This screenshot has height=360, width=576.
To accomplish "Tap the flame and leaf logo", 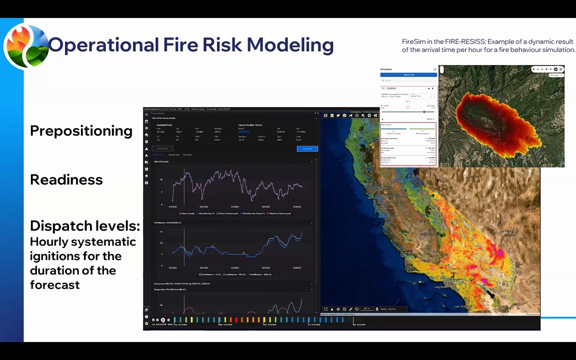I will pos(26,46).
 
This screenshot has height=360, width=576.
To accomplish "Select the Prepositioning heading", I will pos(81,131).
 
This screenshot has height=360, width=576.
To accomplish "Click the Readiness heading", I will pos(66,180).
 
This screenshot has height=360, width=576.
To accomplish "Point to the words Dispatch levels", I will pos(84,226).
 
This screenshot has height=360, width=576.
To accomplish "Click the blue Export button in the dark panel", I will pos(307,148).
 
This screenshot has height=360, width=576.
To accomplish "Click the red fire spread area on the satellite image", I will pos(492,117).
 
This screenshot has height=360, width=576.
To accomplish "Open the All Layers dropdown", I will pos(555,75).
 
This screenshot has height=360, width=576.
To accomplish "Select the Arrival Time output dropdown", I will pos(421,95).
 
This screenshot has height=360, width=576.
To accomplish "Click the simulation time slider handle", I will pos(424,112).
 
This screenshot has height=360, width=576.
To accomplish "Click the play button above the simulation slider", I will pos(407,107).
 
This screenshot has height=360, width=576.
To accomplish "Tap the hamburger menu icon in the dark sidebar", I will pos(146,114).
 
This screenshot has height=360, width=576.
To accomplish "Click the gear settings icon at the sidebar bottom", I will pos(146,323).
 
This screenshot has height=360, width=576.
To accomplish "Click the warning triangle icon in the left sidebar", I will pos(146,149).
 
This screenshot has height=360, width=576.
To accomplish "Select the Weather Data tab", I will pos(173,155).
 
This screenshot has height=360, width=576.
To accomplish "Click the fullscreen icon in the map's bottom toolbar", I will pos(325,309).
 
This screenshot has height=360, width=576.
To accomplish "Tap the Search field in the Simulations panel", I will pos(407,80).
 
